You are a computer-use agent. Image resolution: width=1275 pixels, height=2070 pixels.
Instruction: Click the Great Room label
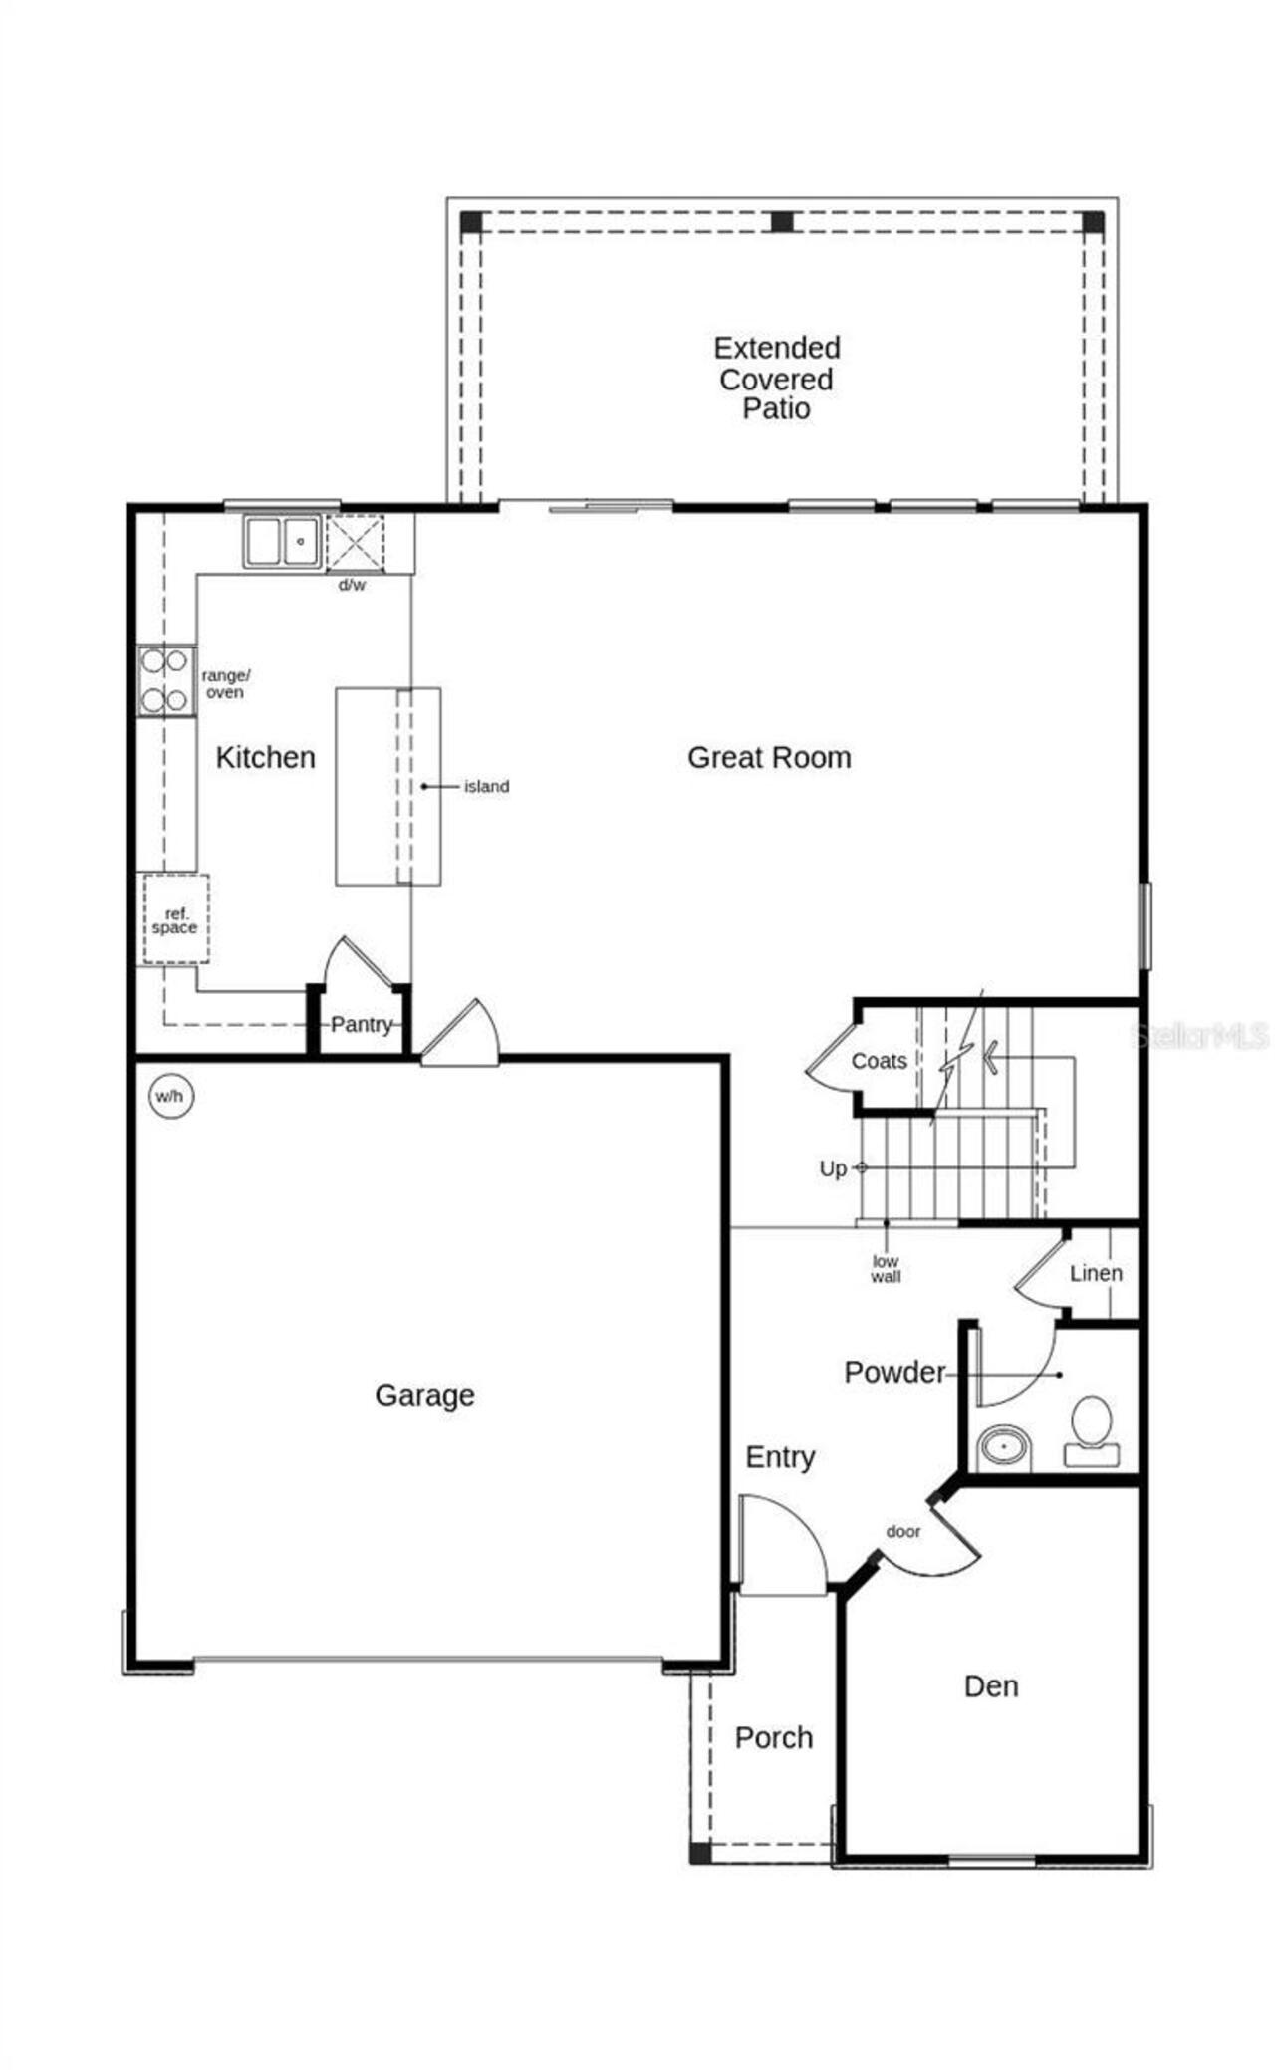[x=769, y=757]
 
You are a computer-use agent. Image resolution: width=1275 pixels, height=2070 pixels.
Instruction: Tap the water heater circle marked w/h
[x=169, y=1097]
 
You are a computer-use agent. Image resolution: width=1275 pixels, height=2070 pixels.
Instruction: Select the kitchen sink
[x=282, y=541]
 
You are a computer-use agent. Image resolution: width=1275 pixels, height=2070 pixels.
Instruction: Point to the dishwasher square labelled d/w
[x=355, y=543]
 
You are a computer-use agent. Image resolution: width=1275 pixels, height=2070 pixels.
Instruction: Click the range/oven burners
[x=165, y=680]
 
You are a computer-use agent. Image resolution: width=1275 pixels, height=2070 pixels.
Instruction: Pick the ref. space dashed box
[x=175, y=919]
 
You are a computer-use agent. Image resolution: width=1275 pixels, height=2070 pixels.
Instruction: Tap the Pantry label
[x=361, y=1024]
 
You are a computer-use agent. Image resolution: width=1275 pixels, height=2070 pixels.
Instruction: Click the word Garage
[x=424, y=1395]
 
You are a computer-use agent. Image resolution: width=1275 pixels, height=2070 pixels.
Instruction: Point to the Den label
[x=991, y=1685]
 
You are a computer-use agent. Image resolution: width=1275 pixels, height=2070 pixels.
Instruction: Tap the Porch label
[x=774, y=1737]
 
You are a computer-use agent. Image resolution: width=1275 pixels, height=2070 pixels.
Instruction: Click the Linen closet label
[x=1096, y=1273]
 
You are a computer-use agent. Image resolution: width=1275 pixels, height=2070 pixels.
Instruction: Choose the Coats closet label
[x=879, y=1061]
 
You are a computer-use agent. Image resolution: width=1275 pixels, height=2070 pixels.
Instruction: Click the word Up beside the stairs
[x=833, y=1168]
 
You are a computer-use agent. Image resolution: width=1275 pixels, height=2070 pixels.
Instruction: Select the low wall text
[x=886, y=1269]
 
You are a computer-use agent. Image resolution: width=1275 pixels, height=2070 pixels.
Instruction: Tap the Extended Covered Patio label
[x=777, y=378]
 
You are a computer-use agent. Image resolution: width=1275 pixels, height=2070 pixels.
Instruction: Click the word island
[x=486, y=786]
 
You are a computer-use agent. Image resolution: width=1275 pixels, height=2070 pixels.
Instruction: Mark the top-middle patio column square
[x=783, y=221]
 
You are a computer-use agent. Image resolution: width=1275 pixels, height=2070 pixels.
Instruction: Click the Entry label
[x=780, y=1457]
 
